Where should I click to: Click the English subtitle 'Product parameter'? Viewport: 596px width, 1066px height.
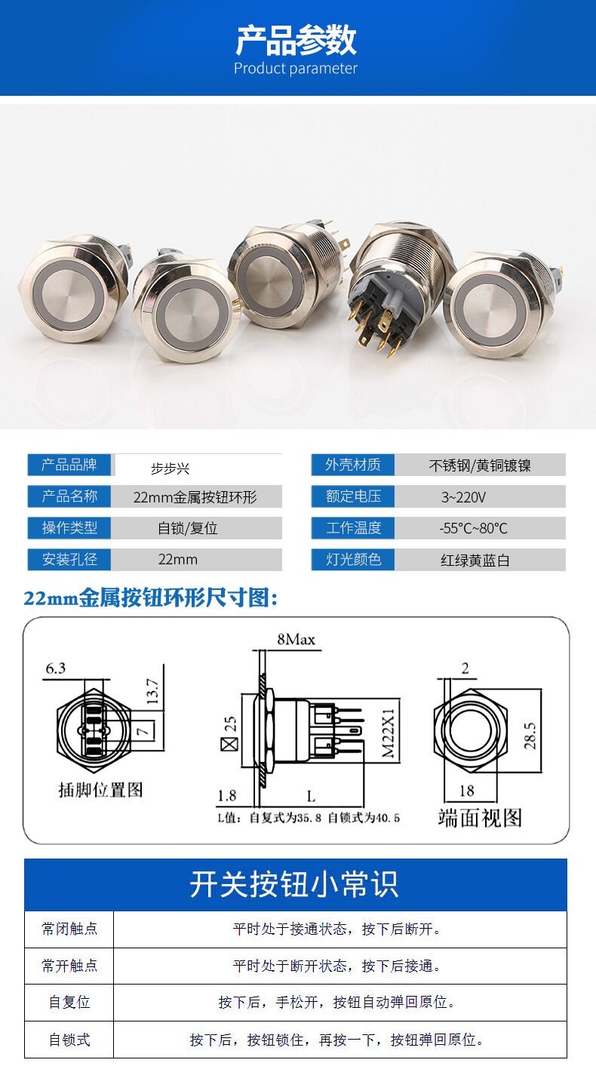coord(296,69)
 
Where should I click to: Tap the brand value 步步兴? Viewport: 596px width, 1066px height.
coord(171,468)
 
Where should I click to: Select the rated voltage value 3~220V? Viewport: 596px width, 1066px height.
coord(463,497)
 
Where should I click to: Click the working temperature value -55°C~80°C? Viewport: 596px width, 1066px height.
coord(473,528)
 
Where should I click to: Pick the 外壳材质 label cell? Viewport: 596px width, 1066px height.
coord(353,465)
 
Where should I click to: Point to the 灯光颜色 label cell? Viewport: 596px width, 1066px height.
coord(353,559)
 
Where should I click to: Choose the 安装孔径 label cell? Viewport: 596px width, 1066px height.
coord(69,559)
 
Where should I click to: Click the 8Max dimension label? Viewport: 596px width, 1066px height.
coord(296,639)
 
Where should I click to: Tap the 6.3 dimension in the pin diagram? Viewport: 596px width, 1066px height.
coord(55,668)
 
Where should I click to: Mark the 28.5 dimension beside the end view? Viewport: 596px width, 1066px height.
coord(530,736)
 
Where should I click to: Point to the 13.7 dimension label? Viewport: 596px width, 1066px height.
coord(152,691)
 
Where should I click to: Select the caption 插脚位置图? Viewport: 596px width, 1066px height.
coord(100,790)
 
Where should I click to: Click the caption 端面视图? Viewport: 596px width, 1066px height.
coord(480,818)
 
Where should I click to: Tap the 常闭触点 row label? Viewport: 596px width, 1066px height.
coord(69,929)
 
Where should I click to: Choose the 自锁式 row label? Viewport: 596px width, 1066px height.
coord(69,1040)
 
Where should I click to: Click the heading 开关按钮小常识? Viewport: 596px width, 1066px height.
coord(293,884)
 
